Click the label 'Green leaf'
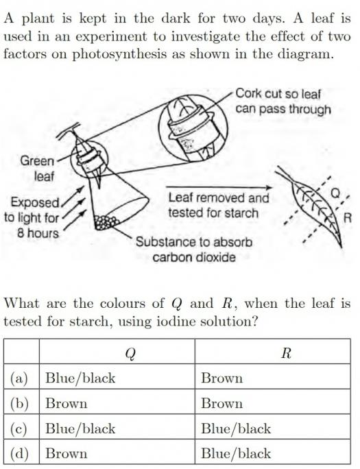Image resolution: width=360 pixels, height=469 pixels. coord(37,169)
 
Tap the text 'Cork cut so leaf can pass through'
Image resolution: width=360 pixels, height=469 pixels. coord(283,101)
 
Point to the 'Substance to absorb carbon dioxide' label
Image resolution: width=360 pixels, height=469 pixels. coord(194,249)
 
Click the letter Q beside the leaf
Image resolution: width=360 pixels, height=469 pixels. coord(335,194)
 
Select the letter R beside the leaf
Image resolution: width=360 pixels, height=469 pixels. coord(348,217)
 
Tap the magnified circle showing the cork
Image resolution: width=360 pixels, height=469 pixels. coord(193,129)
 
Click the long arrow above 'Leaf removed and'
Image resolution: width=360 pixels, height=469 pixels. coord(219,188)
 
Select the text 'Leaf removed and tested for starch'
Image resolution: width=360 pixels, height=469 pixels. coord(219,205)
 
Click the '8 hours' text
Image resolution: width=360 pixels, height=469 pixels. coord(38,233)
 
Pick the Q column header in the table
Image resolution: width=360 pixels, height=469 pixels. coord(130,353)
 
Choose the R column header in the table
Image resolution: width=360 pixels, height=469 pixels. coord(286,353)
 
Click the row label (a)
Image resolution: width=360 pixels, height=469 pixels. coord(19,378)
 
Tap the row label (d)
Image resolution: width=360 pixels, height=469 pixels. coord(19,453)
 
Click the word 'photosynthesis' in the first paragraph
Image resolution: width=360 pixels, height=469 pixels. coord(119,54)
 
